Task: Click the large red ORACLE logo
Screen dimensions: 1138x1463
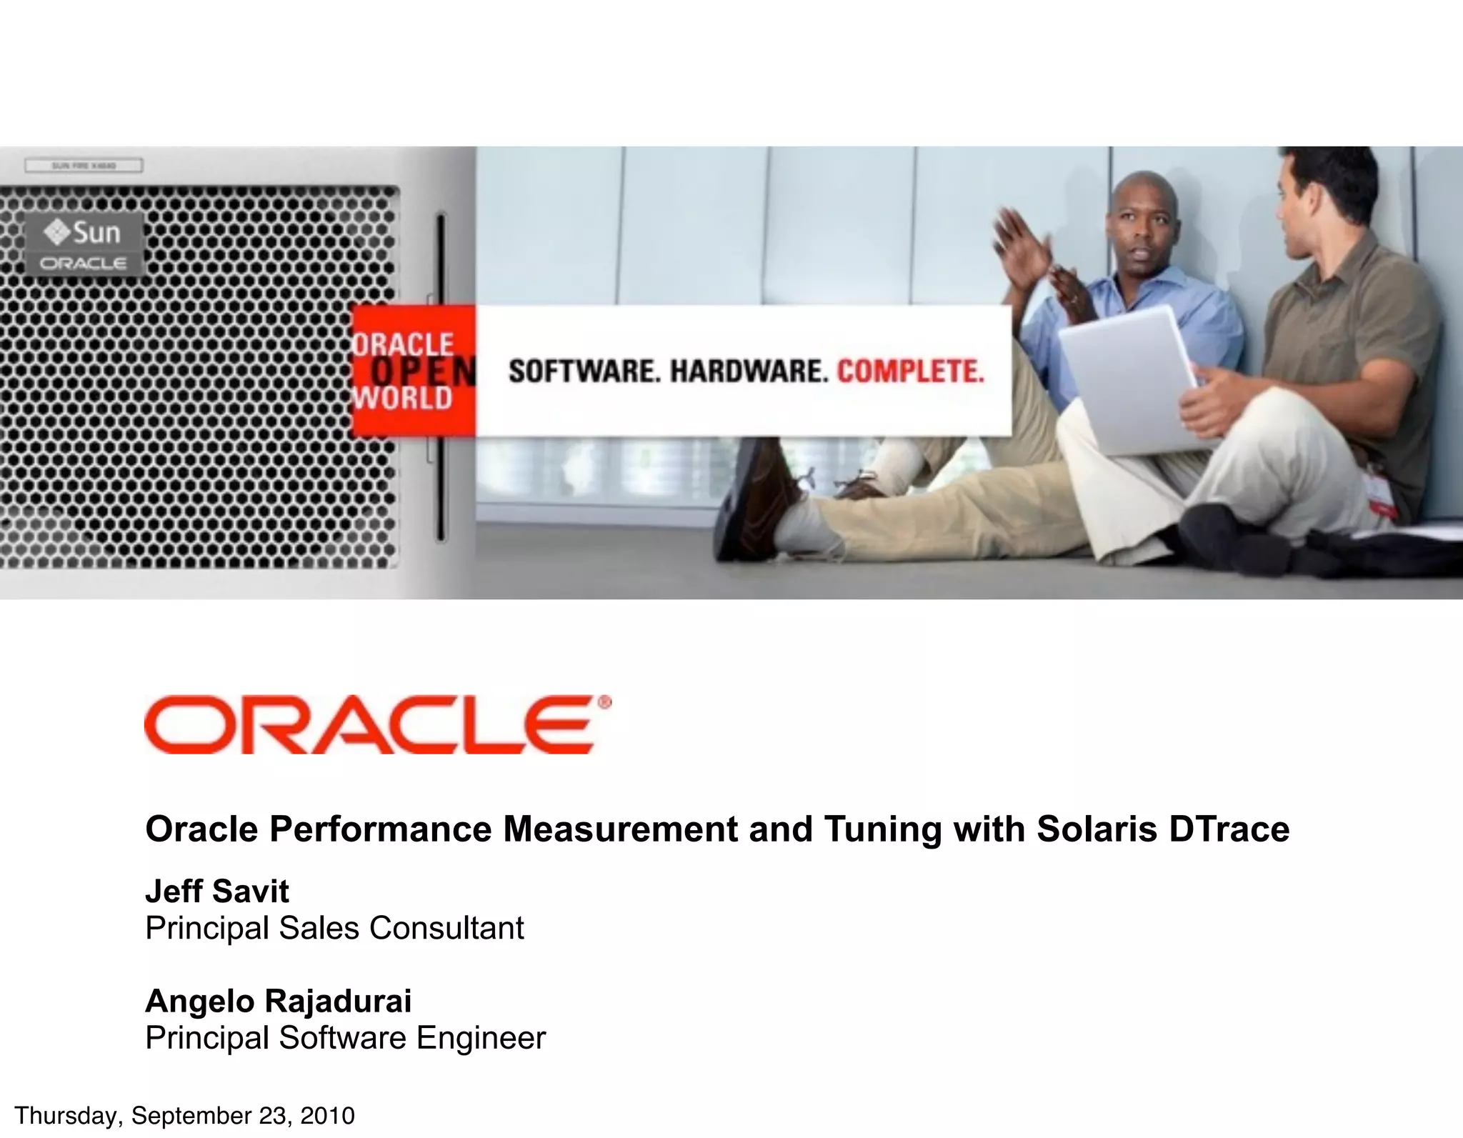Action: pyautogui.click(x=377, y=724)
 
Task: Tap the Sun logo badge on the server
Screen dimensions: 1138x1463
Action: pyautogui.click(x=84, y=244)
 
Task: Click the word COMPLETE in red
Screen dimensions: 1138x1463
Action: pyautogui.click(x=910, y=371)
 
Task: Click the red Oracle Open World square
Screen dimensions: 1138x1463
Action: pyautogui.click(x=414, y=371)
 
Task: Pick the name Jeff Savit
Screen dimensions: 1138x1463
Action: pyautogui.click(x=217, y=891)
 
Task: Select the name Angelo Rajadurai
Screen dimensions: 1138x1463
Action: pyautogui.click(x=278, y=1001)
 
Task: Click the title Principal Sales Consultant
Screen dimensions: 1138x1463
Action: pyautogui.click(x=334, y=928)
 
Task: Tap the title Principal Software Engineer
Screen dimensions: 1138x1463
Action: pyautogui.click(x=345, y=1037)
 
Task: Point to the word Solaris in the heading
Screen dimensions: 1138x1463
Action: pyautogui.click(x=1097, y=829)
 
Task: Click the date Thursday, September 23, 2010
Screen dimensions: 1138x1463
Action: pyautogui.click(x=184, y=1115)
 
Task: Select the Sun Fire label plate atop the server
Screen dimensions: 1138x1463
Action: pyautogui.click(x=84, y=166)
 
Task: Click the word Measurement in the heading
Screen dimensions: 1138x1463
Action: pyautogui.click(x=620, y=829)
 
